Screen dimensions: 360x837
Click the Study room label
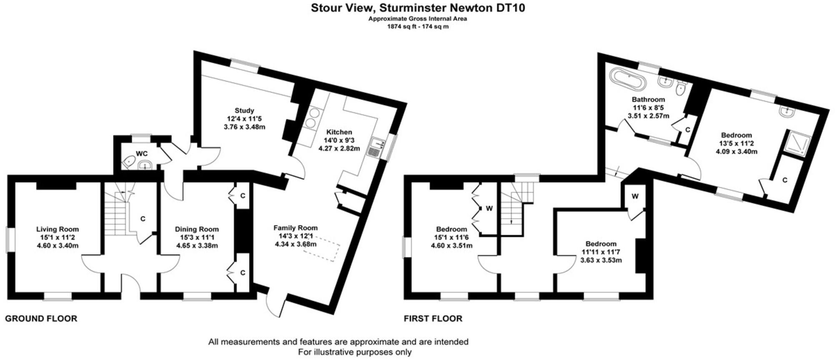[x=244, y=111]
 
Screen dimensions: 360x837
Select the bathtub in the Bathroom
[x=628, y=80]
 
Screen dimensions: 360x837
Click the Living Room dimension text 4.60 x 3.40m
[x=58, y=245]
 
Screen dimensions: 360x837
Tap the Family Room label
[x=296, y=228]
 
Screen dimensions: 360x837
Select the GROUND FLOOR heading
[x=41, y=319]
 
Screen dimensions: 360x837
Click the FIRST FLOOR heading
[x=433, y=319]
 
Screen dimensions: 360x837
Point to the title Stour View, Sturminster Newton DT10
[x=418, y=8]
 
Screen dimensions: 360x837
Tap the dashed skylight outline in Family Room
[x=322, y=248]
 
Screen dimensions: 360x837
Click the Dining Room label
[x=197, y=229]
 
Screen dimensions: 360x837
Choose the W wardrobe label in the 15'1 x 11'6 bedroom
[x=489, y=208]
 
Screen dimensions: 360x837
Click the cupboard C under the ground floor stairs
[x=143, y=219]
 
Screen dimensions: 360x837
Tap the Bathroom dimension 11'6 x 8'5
[x=648, y=107]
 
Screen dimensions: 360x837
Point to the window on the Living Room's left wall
[x=8, y=240]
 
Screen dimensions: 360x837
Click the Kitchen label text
[x=339, y=132]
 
